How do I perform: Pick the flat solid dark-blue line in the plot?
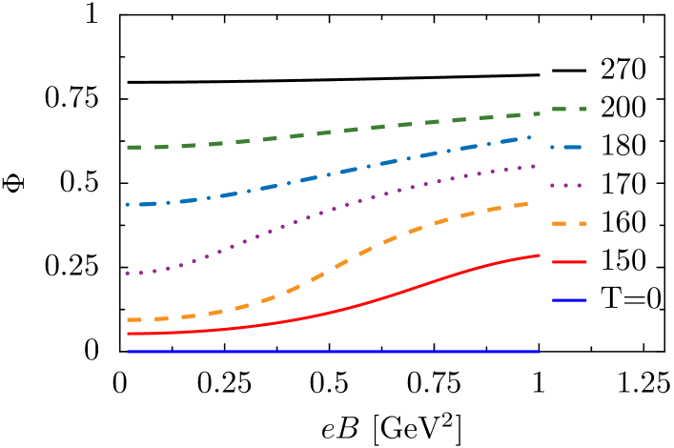334,352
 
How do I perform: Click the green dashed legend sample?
569,110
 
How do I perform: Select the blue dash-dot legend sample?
569,148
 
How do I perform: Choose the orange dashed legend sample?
569,224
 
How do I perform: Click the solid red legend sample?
569,262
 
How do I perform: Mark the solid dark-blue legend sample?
569,300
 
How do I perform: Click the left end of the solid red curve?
129,334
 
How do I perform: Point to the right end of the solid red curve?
539,255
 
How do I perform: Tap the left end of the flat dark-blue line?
129,352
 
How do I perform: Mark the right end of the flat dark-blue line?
539,352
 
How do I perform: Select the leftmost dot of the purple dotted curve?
128,274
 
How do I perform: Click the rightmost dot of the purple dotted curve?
534,166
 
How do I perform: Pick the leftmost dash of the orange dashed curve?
133,319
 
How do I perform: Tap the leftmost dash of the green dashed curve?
133,147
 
